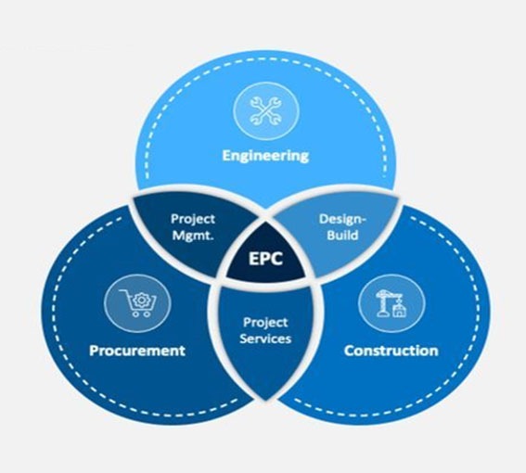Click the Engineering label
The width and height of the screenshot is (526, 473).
pos(265,156)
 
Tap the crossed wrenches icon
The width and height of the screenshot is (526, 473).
pos(265,110)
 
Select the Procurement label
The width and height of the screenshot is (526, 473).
pos(137,351)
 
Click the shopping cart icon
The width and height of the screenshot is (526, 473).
pos(138,303)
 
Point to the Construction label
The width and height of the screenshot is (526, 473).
pos(391,351)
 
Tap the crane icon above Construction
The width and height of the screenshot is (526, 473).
pos(391,303)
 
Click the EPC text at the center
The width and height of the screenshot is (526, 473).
pos(265,259)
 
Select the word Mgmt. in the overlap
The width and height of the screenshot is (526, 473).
pos(193,236)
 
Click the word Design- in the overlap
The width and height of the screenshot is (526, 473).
pos(342,219)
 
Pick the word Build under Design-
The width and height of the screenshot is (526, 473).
pos(342,235)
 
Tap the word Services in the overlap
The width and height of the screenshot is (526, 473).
pos(265,339)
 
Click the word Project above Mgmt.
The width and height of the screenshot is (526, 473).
pos(193,220)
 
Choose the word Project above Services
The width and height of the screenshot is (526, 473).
pos(265,323)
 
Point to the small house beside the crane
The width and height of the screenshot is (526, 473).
pos(399,309)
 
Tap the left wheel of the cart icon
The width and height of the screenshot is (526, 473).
pos(135,314)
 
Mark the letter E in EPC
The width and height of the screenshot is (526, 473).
pos(253,259)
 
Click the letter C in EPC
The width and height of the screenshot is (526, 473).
pos(277,259)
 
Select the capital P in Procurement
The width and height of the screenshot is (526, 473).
pos(94,351)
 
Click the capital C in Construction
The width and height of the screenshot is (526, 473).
pos(349,351)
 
